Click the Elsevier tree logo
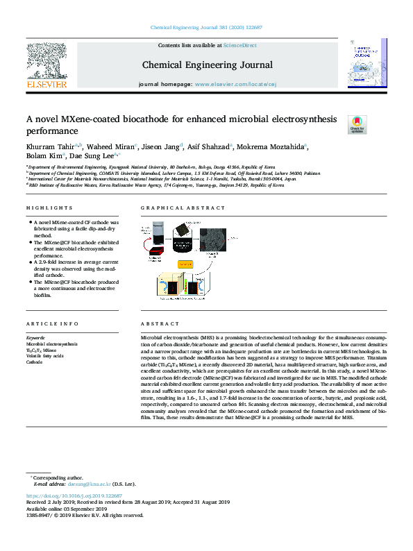tap(46, 64)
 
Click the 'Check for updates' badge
tap(357, 124)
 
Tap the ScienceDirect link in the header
tap(239, 45)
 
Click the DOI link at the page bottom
tap(74, 496)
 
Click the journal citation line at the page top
tap(206, 27)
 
